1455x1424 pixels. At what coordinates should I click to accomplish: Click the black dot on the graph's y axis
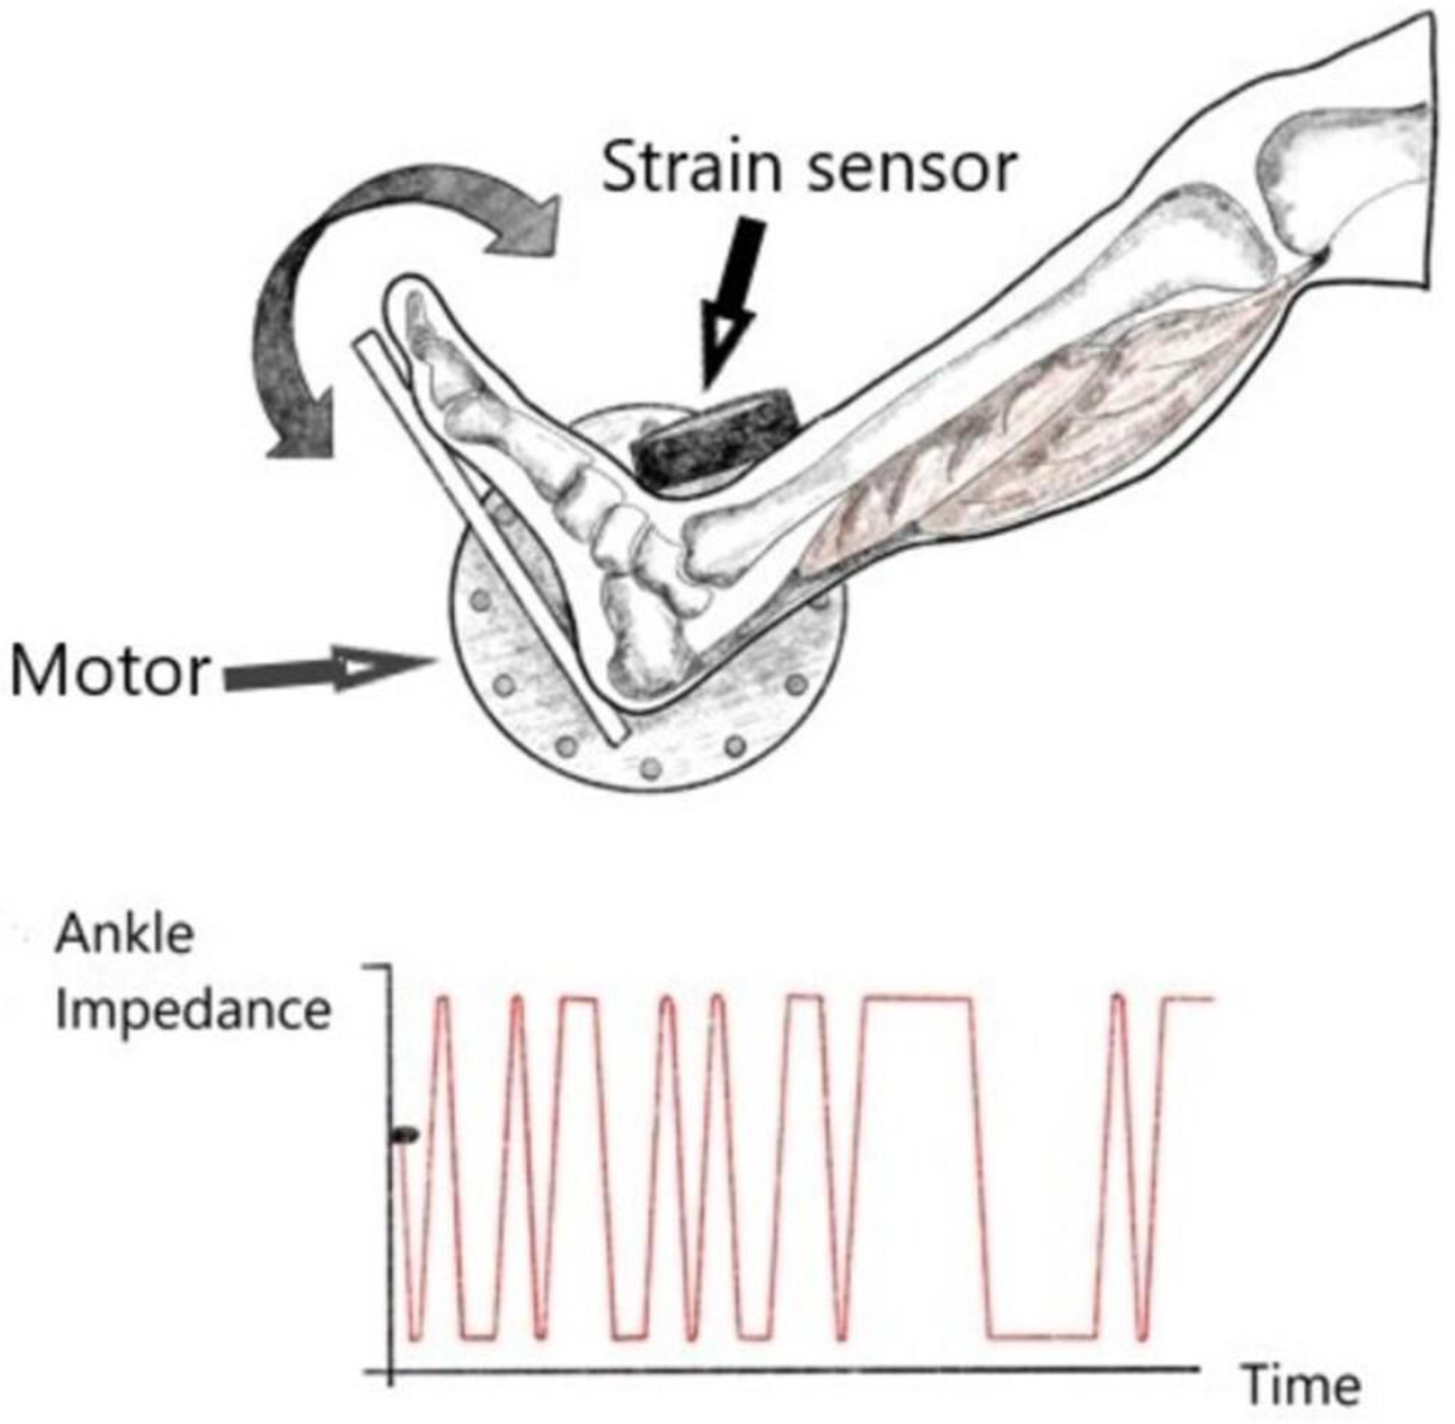pos(406,1135)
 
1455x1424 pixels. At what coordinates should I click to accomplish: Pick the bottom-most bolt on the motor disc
pos(651,768)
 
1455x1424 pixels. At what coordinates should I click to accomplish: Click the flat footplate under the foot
pos(489,539)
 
